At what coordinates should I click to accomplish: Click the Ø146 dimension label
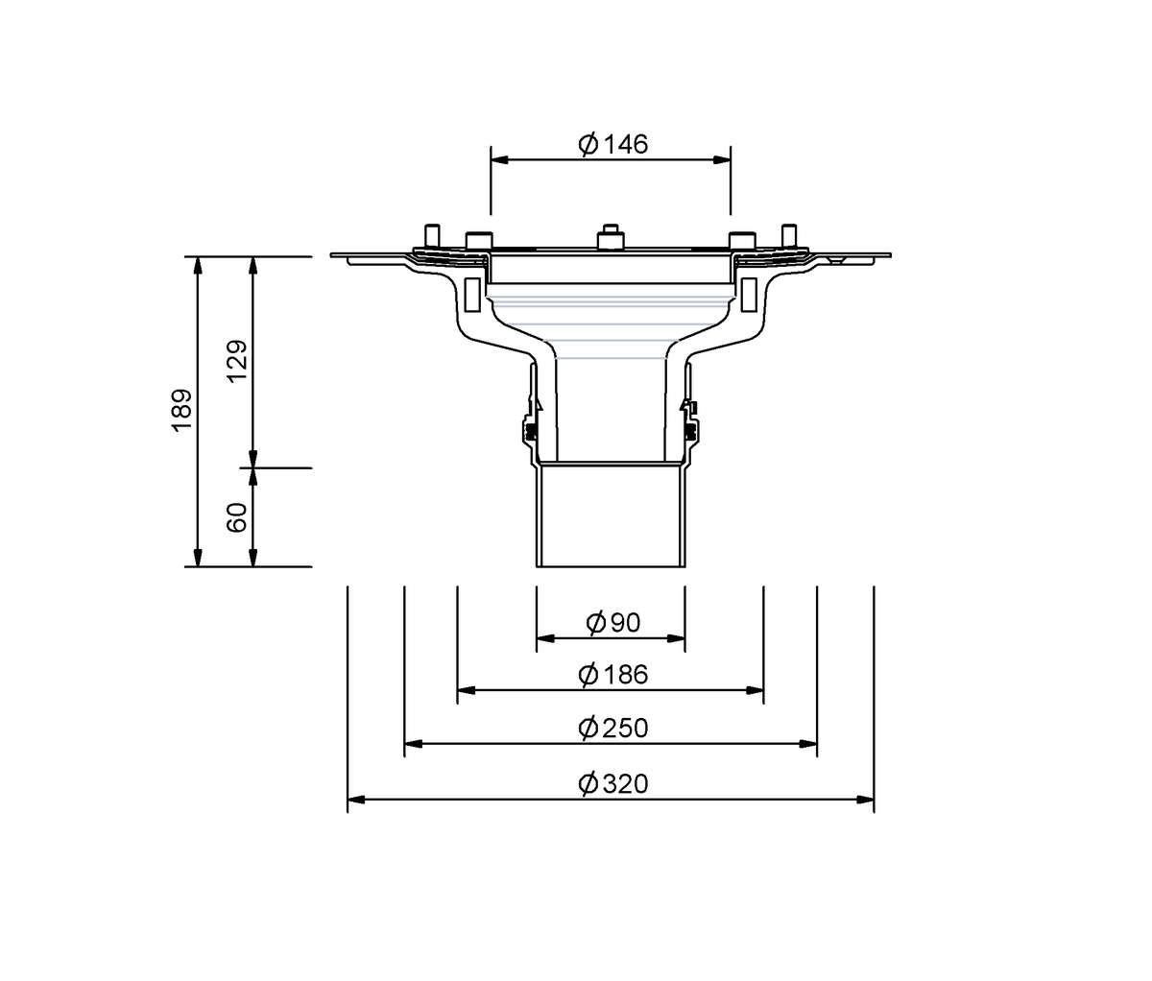[613, 144]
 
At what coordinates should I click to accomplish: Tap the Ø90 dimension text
[613, 623]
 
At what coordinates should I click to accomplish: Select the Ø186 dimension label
[613, 675]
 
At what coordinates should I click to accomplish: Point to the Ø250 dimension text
[613, 728]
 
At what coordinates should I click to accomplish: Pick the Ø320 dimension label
[613, 784]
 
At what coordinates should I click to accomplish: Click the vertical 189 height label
[182, 410]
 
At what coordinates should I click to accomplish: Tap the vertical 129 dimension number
[237, 361]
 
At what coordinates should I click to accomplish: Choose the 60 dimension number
[237, 517]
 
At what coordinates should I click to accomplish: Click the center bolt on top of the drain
[611, 237]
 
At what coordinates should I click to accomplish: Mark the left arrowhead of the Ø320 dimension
[356, 800]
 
